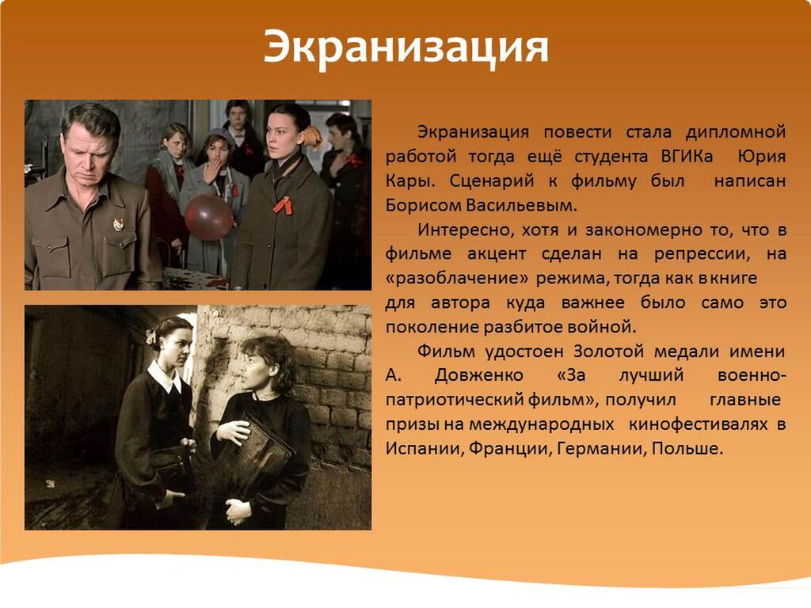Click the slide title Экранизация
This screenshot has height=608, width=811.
click(x=405, y=47)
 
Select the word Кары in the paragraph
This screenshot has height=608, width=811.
click(x=411, y=181)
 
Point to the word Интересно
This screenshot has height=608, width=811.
click(x=466, y=230)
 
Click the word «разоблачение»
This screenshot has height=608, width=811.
click(x=457, y=278)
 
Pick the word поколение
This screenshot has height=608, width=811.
click(x=432, y=327)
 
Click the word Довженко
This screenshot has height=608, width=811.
click(x=479, y=375)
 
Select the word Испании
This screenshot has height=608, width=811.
click(x=423, y=448)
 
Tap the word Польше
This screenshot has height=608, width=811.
click(x=687, y=448)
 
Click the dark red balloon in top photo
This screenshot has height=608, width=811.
click(x=209, y=217)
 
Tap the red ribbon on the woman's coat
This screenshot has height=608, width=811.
click(x=283, y=205)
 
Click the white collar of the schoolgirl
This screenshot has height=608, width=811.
click(x=165, y=376)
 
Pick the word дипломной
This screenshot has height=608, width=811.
click(x=736, y=132)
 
